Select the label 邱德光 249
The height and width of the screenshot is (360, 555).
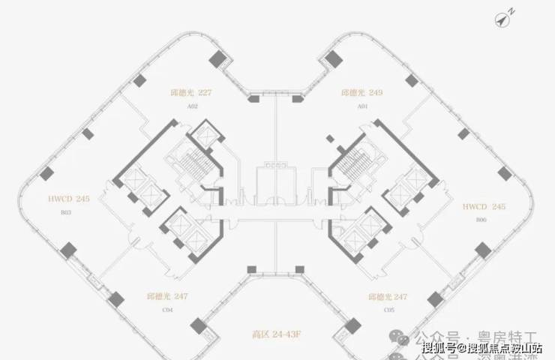click(x=361, y=94)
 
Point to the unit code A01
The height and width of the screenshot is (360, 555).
click(x=361, y=107)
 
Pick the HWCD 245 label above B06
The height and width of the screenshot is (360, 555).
click(x=481, y=205)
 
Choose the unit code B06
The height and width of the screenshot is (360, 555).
click(x=481, y=218)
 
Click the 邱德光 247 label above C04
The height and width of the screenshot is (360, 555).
click(x=166, y=297)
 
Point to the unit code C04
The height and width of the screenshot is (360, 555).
click(x=167, y=309)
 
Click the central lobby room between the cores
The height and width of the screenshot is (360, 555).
click(x=277, y=180)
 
